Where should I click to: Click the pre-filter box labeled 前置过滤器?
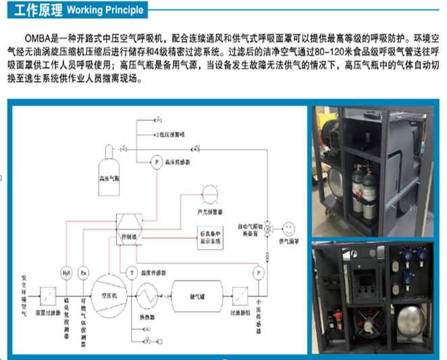[x=47, y=295]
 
